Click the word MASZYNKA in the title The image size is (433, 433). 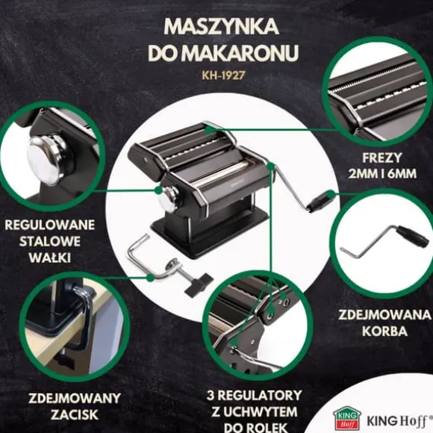tap(221, 27)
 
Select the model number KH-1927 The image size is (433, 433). tap(223, 75)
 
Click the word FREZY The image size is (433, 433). tap(382, 158)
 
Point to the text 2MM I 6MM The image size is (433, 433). tap(382, 174)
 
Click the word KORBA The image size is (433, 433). tap(384, 331)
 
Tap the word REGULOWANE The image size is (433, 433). tap(50, 225)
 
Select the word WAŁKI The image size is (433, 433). tap(50, 258)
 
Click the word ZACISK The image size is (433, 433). tap(75, 414)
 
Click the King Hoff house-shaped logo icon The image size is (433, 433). tap(347, 417)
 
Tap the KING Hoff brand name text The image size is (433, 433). tap(399, 421)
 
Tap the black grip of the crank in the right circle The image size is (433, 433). tap(411, 234)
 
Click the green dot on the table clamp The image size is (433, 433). tap(150, 278)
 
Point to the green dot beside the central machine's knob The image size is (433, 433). tap(158, 190)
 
